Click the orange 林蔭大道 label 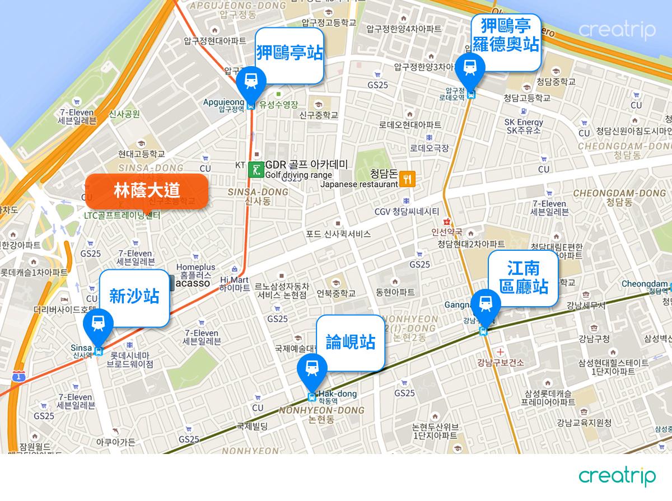[147, 190]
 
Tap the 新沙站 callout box [134, 297]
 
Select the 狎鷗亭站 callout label [290, 54]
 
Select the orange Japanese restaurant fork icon [408, 180]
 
